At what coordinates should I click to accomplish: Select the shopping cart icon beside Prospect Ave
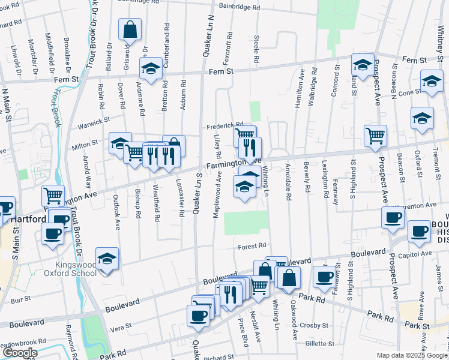(x=375, y=136)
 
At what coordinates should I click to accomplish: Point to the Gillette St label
(x=319, y=344)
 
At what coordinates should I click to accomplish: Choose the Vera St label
(x=121, y=329)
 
